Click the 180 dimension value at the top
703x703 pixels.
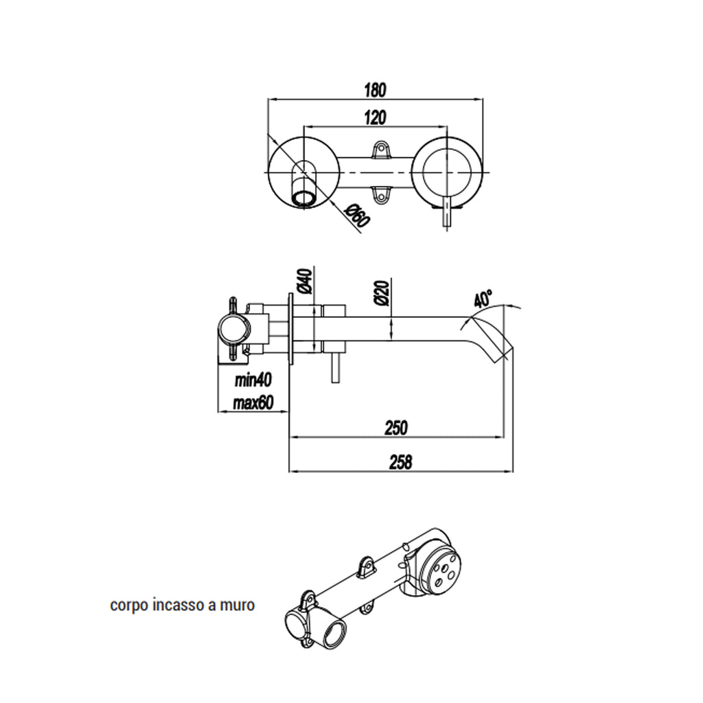point(375,89)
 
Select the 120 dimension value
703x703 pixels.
point(374,117)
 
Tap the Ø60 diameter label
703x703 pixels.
point(358,218)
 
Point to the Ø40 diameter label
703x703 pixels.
point(307,281)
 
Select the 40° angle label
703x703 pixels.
point(483,299)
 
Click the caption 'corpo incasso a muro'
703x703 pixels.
point(183,606)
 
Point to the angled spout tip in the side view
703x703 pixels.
point(498,347)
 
